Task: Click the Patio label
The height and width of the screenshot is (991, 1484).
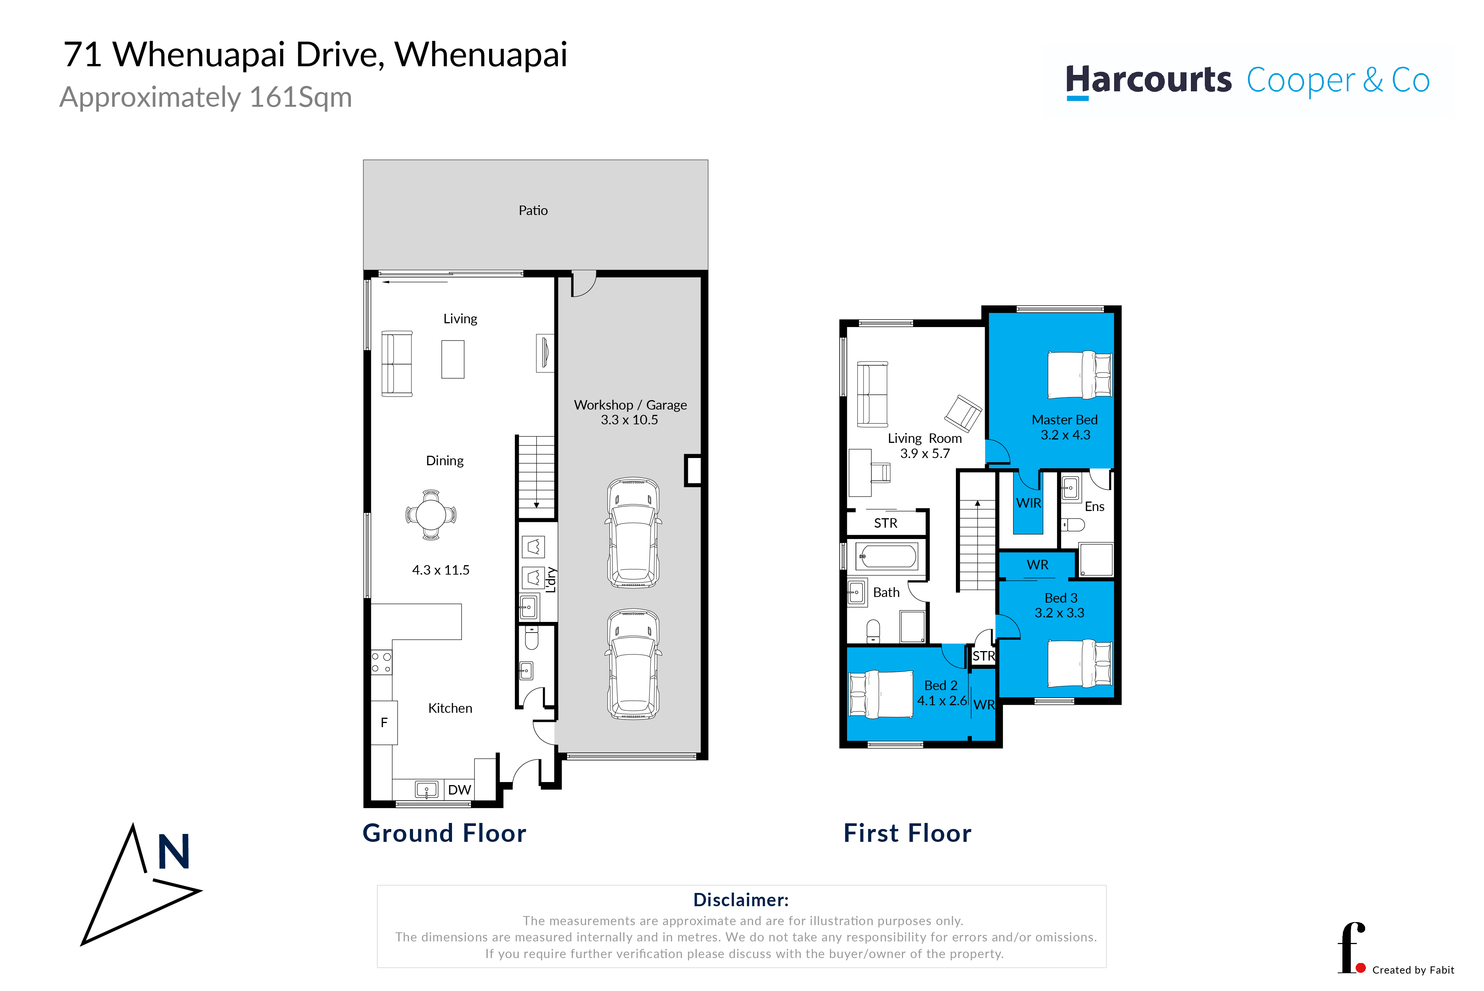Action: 533,210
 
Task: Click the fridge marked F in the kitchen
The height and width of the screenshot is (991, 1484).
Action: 383,722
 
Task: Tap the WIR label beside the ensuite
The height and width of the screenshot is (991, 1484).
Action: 1028,503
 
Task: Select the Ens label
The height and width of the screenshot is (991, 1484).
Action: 1094,506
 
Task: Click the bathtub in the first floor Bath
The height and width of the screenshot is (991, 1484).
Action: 887,557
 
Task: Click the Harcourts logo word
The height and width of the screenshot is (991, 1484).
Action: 1148,80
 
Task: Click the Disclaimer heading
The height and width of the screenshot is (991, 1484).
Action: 741,899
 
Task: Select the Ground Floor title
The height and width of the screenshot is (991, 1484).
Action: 444,833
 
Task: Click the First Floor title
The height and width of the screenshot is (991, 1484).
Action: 907,833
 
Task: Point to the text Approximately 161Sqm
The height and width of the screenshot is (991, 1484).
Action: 206,97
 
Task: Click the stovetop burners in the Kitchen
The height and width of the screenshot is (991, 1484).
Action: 381,663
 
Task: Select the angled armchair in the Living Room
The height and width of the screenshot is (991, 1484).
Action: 963,414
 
